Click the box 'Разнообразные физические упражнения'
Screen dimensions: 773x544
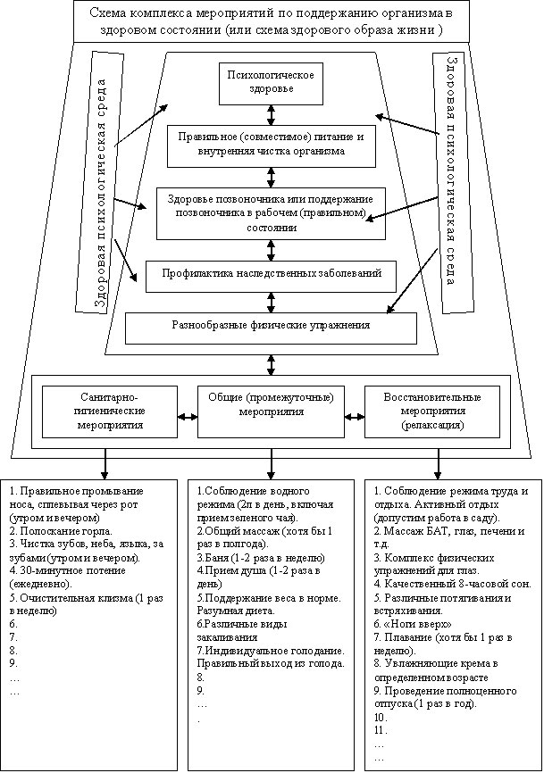click(271, 327)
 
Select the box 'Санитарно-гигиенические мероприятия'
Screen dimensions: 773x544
click(107, 411)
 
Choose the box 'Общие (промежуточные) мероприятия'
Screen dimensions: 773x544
click(271, 411)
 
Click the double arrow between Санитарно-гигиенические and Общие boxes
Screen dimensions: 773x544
click(186, 415)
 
